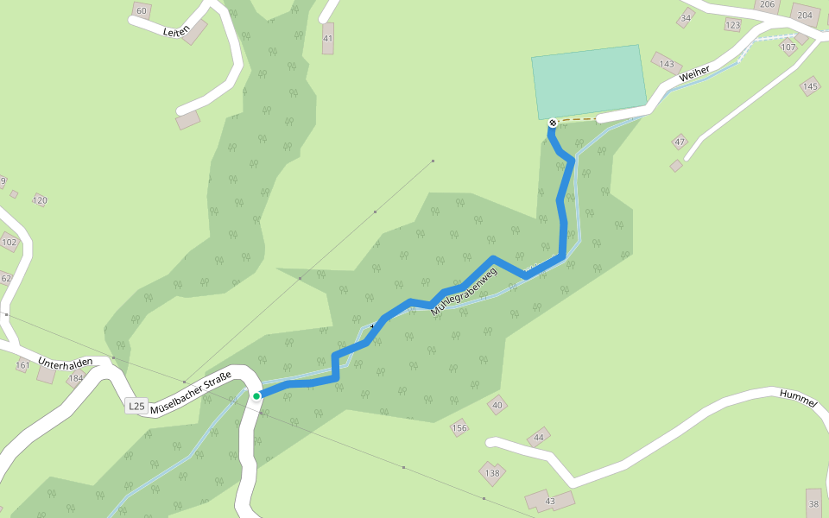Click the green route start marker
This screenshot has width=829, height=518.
(256, 396)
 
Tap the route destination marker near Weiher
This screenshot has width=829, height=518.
(553, 123)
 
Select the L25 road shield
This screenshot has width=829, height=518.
(136, 406)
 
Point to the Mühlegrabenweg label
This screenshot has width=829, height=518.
(465, 292)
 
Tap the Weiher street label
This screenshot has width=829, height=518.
(694, 74)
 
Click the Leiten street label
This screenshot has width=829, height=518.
(175, 30)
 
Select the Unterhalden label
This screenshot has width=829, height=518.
(65, 362)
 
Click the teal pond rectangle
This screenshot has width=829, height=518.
(589, 81)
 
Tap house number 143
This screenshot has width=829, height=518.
(666, 64)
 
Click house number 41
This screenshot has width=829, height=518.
(328, 39)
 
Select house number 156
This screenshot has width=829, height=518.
(459, 427)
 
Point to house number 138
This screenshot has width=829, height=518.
(492, 472)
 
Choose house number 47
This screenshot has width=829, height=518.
(680, 142)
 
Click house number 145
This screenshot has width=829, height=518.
(810, 86)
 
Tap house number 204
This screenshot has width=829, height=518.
(805, 16)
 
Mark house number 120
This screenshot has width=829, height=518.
(40, 200)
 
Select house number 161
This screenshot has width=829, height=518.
(22, 366)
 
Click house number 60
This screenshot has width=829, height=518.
(142, 10)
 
